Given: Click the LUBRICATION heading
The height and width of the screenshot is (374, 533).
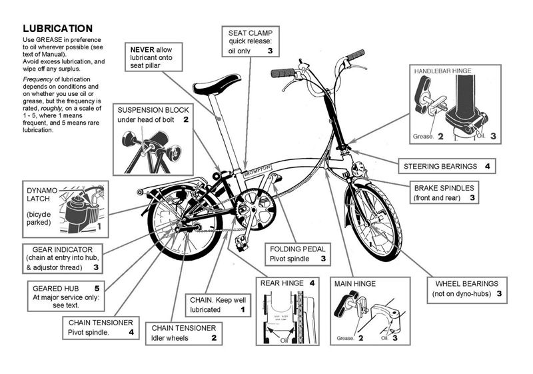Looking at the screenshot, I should click(57, 29).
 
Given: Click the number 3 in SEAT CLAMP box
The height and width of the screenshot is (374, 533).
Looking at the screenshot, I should click(270, 51).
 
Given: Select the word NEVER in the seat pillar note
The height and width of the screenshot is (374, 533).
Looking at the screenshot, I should click(143, 49).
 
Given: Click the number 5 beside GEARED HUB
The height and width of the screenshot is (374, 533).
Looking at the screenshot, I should click(97, 288).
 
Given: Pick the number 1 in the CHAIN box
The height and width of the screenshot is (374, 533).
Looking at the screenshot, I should click(243, 310).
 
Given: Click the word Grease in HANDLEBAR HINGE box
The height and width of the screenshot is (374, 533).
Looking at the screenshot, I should click(422, 136).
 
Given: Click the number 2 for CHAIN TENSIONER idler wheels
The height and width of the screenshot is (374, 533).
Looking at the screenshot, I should click(214, 338).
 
